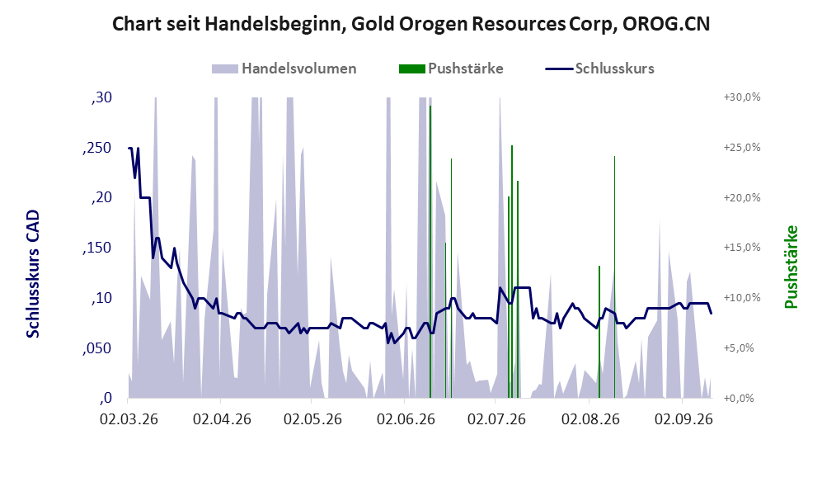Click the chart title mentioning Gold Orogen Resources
(x=411, y=24)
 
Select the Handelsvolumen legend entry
(x=284, y=69)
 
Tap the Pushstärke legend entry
(x=451, y=69)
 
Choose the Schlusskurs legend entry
(x=599, y=69)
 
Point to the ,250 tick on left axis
(x=97, y=148)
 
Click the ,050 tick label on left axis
(x=97, y=348)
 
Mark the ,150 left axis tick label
(x=97, y=248)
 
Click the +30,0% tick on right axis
(x=742, y=97)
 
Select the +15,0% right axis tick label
(x=742, y=247)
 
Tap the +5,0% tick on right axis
(x=739, y=348)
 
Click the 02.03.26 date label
(x=129, y=419)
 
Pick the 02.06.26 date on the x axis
(x=406, y=419)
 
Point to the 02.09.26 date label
(x=683, y=419)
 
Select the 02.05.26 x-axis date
(x=312, y=419)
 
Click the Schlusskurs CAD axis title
(x=33, y=274)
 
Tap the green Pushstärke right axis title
(x=791, y=267)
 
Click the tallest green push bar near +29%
(x=430, y=252)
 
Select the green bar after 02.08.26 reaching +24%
(x=614, y=277)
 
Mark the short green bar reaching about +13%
(x=599, y=332)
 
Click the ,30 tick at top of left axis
(x=101, y=97)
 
